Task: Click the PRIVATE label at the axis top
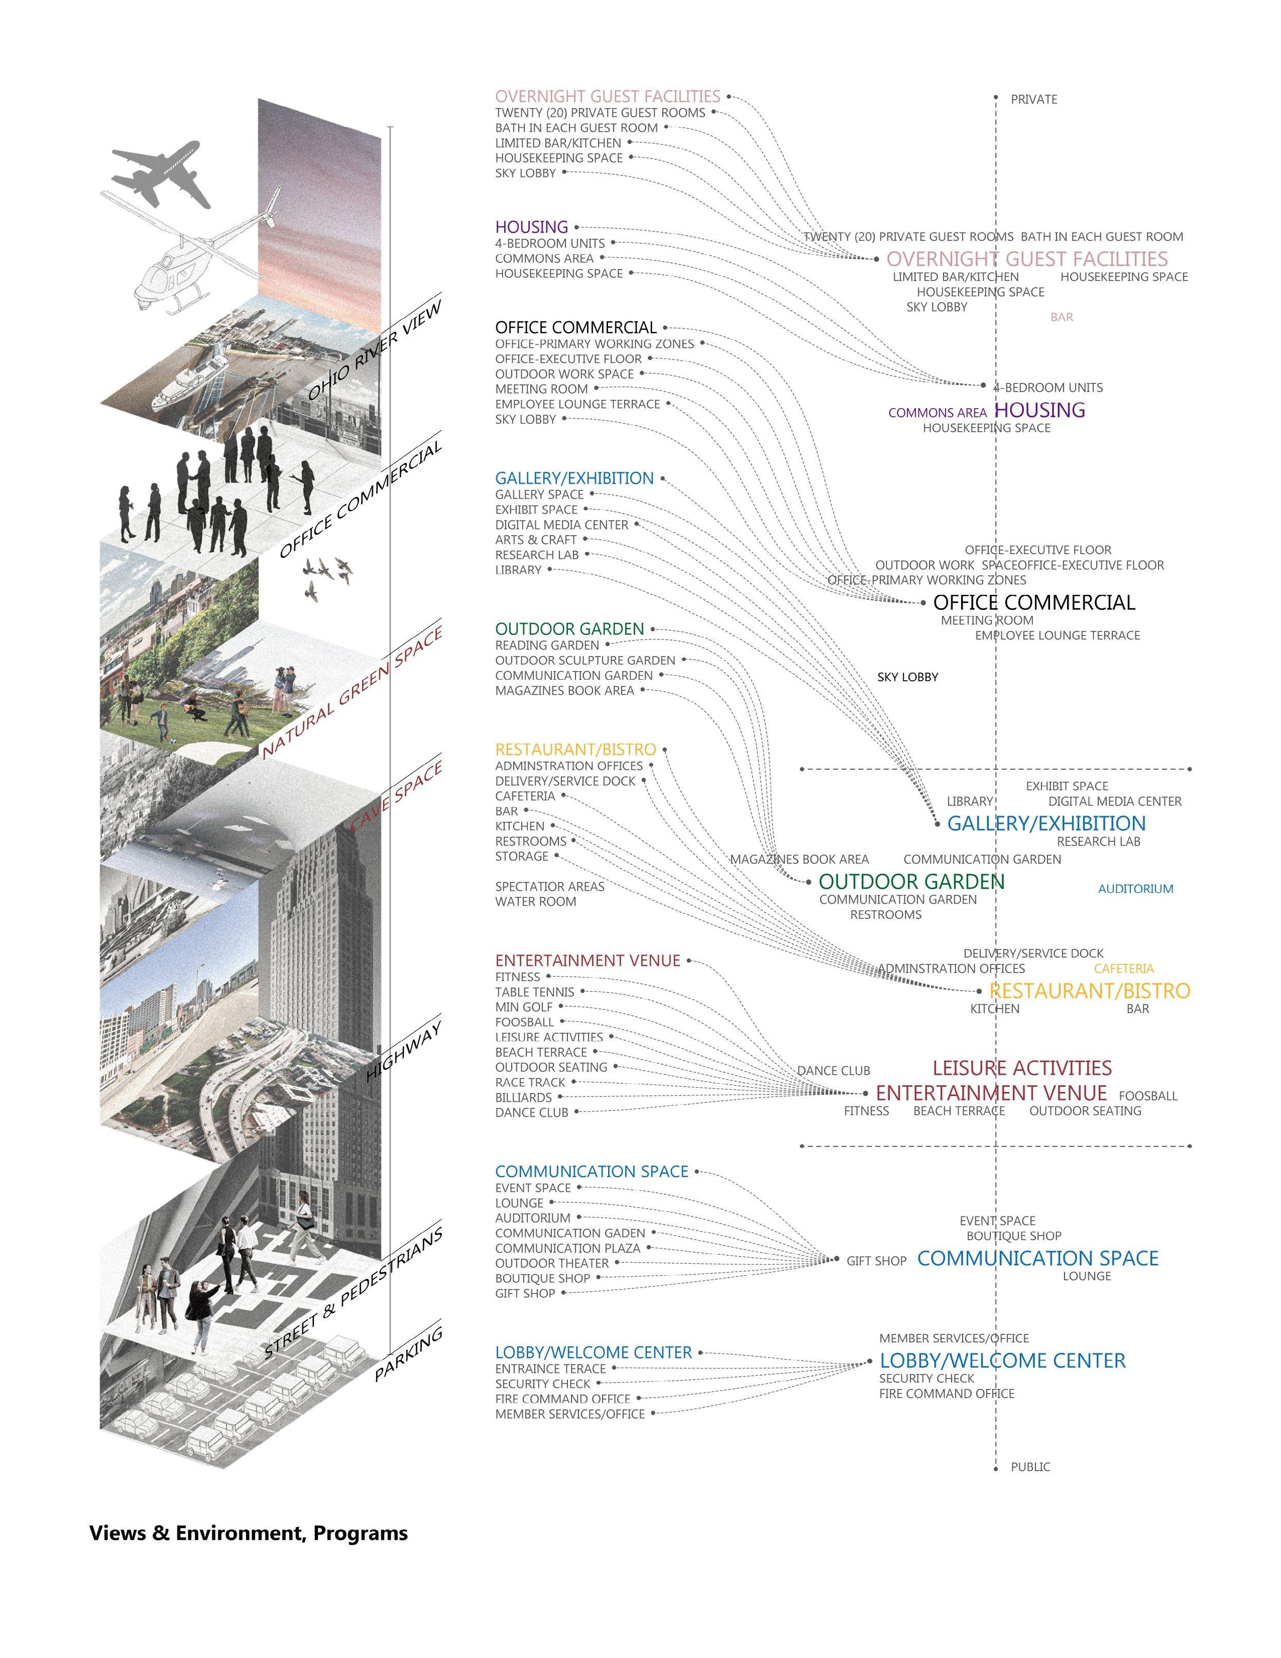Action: point(1034,99)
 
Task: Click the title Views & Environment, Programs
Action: point(248,1533)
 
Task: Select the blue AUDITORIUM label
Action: point(1135,888)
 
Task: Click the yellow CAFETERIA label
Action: point(1123,968)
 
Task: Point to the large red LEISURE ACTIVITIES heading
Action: point(1022,1068)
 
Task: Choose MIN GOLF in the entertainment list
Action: point(524,1007)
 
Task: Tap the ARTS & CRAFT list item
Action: point(536,540)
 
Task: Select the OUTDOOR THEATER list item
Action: point(551,1263)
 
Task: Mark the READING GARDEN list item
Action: point(546,645)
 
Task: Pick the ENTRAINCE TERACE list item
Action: point(550,1369)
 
